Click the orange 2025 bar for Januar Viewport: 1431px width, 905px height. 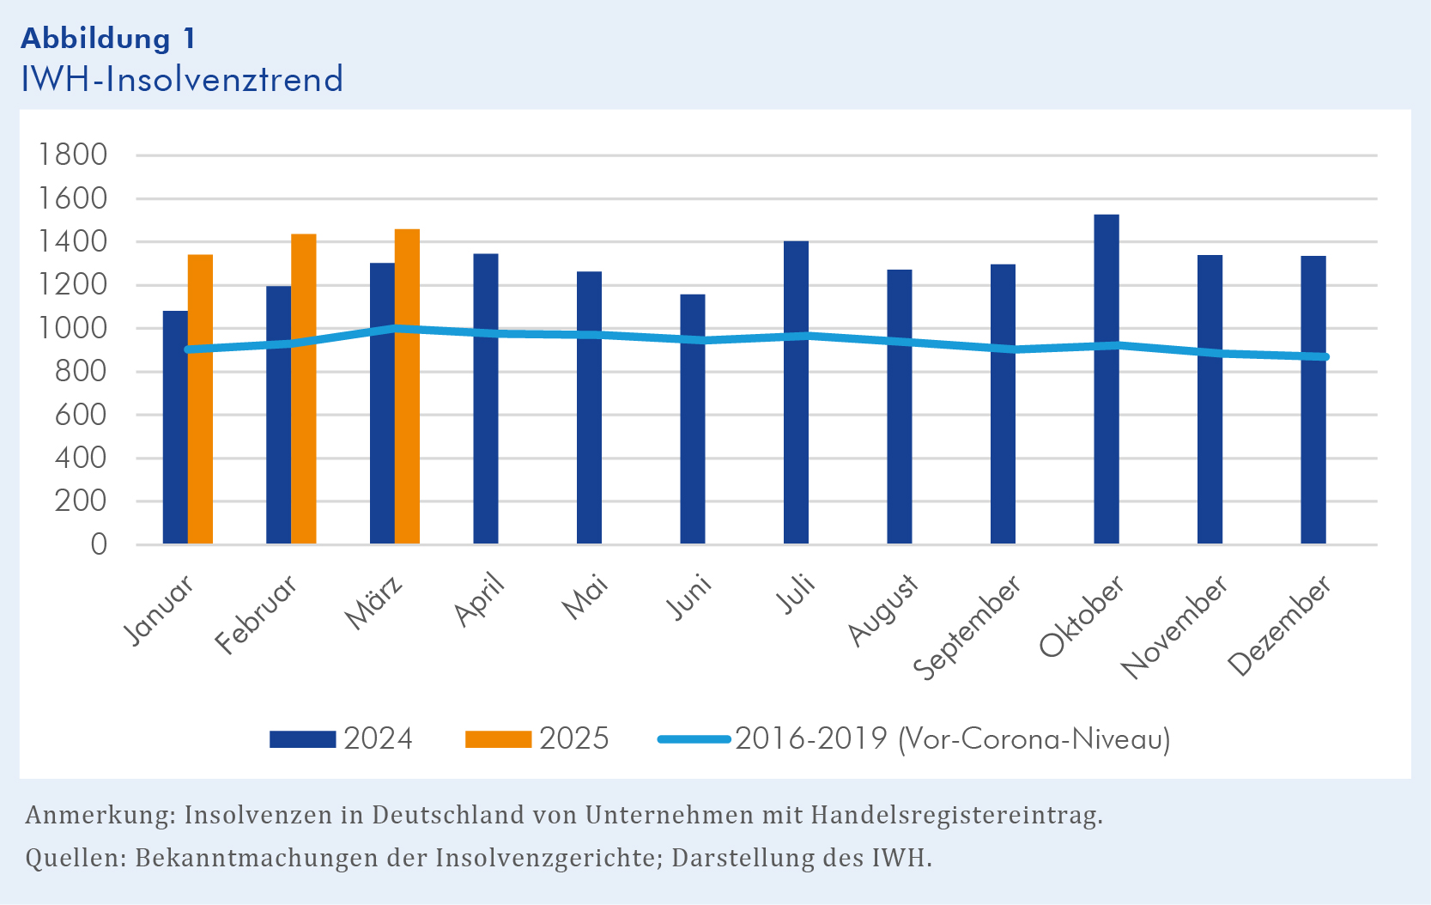click(x=200, y=399)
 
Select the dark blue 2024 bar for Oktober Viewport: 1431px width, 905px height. click(x=1107, y=379)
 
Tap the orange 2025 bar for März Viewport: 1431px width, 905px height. click(x=407, y=386)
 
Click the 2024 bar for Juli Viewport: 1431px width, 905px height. click(x=796, y=392)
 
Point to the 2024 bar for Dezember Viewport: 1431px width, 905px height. click(x=1313, y=400)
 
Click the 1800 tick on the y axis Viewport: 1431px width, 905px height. click(x=73, y=155)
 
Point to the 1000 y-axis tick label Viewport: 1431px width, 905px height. click(x=73, y=329)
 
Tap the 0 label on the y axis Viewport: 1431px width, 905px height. click(x=99, y=544)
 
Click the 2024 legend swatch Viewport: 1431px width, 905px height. click(x=302, y=739)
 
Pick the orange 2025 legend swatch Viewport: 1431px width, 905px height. click(x=498, y=739)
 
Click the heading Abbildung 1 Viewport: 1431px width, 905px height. click(x=108, y=39)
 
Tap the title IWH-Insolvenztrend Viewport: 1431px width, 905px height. click(x=182, y=80)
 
